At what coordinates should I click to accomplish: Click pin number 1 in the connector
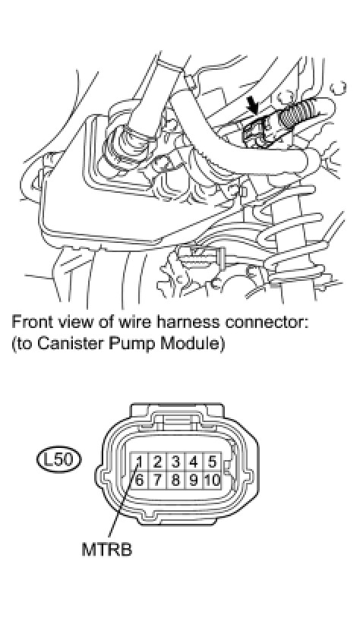click(139, 461)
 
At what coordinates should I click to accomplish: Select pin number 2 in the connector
click(158, 461)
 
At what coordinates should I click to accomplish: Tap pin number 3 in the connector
click(176, 461)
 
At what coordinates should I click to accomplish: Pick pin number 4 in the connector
click(194, 461)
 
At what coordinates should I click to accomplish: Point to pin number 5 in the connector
click(212, 461)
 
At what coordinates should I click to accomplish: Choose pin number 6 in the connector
click(139, 480)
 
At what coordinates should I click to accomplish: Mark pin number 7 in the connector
click(158, 480)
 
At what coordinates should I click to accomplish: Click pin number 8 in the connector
click(176, 480)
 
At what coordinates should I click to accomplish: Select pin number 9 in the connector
click(194, 480)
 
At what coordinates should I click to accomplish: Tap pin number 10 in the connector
click(212, 480)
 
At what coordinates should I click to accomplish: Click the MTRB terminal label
click(106, 550)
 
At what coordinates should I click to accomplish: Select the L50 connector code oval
click(58, 460)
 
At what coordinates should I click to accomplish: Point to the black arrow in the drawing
click(251, 106)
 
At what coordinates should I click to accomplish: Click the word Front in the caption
click(33, 322)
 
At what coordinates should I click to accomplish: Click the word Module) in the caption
click(188, 344)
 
